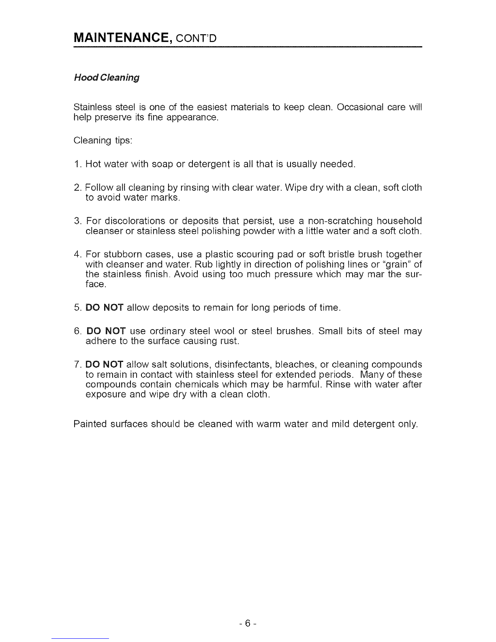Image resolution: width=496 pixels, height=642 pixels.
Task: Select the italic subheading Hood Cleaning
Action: [x=107, y=77]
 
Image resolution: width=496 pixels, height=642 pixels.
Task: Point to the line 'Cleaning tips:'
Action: [x=103, y=141]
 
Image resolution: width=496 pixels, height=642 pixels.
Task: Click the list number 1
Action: [x=77, y=164]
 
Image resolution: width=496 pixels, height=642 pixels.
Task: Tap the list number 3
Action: [x=77, y=221]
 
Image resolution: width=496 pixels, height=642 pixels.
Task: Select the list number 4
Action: [x=77, y=255]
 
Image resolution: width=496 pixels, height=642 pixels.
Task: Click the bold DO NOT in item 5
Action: [x=105, y=319]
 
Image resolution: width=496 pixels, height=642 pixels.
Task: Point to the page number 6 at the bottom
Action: [x=248, y=622]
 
